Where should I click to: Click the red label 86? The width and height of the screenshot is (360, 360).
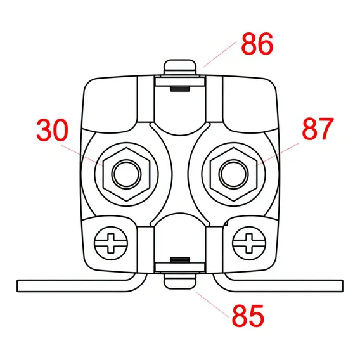[257, 44]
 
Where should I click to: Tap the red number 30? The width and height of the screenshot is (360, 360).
[53, 130]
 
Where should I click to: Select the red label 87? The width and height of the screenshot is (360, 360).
[318, 129]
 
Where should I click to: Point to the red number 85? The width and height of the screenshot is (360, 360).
[248, 316]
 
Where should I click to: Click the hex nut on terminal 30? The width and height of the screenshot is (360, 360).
[127, 174]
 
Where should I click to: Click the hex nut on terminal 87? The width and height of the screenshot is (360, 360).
[233, 174]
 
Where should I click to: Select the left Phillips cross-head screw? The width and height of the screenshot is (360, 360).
[111, 243]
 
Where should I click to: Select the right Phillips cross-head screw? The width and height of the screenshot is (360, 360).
[249, 243]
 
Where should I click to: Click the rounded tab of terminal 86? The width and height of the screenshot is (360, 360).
[180, 67]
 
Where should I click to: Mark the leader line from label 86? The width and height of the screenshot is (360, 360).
[220, 55]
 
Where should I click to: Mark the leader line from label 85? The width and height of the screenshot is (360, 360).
[212, 304]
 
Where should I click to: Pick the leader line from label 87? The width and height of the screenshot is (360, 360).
[278, 153]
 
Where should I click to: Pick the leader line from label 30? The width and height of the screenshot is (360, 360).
[82, 155]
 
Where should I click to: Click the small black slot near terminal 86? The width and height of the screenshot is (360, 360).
[180, 89]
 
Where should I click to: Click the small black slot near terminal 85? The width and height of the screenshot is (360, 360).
[180, 260]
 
